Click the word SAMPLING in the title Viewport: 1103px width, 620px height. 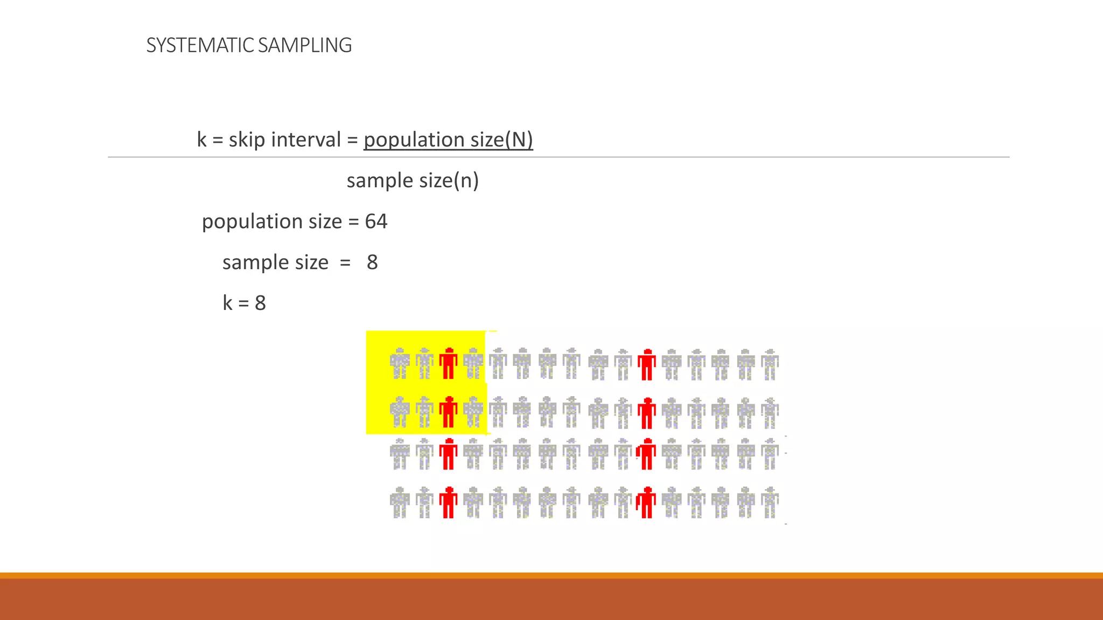tap(305, 45)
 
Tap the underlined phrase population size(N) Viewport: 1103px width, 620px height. tap(448, 139)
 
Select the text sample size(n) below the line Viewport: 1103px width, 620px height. tap(413, 180)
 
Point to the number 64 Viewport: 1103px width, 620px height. tap(376, 221)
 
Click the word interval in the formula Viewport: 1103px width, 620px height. tap(306, 139)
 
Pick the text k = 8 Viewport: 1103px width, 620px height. tap(244, 303)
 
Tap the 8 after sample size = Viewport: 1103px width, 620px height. tap(372, 262)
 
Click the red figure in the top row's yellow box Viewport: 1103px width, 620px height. tap(448, 364)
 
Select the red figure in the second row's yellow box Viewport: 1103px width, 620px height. tap(448, 412)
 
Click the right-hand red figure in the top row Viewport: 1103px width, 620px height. tap(646, 364)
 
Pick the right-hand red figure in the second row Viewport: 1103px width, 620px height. tap(646, 413)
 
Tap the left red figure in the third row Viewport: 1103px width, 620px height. tap(448, 454)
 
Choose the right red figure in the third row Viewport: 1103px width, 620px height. tap(646, 454)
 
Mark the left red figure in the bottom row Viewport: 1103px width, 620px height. tap(448, 502)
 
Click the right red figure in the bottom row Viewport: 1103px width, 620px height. tap(646, 502)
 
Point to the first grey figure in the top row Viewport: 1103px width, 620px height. tap(400, 364)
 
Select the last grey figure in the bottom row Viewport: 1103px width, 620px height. tap(770, 502)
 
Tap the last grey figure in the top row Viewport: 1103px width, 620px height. tap(770, 364)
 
